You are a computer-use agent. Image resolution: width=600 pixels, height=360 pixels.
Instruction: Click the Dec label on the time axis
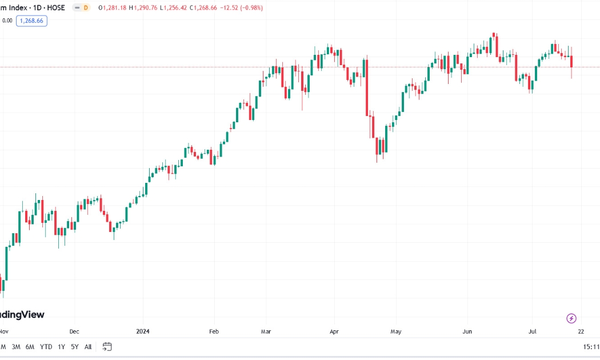[74, 331]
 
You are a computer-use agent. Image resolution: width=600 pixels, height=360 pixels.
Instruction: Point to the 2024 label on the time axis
[143, 331]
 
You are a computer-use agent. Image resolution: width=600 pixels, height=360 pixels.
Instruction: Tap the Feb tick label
[214, 331]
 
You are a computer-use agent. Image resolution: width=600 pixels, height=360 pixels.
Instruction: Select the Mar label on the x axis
[266, 331]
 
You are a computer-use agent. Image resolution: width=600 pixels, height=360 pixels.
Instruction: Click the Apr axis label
[334, 331]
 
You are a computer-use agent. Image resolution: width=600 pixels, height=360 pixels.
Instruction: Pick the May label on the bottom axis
[396, 331]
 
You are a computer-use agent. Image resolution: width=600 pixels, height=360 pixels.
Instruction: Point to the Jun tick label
[467, 331]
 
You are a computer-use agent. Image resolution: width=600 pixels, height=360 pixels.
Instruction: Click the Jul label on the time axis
[532, 331]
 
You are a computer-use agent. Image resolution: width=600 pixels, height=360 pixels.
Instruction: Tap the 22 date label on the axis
[581, 331]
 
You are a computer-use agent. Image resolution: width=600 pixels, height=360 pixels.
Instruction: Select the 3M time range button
[15, 347]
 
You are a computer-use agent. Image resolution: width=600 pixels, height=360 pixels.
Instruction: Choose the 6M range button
[30, 347]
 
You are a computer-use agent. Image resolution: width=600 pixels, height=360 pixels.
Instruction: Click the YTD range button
[46, 347]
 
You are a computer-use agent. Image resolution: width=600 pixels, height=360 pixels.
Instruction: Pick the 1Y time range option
[61, 347]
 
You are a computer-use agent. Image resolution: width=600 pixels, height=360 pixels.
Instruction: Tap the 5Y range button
[75, 347]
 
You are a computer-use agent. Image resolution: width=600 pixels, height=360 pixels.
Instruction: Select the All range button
[88, 347]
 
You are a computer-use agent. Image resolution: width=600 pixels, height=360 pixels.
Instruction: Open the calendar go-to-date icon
[107, 347]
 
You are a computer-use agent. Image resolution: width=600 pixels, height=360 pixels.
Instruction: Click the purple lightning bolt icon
[571, 318]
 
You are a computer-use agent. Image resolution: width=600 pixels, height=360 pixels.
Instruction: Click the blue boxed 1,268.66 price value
[31, 21]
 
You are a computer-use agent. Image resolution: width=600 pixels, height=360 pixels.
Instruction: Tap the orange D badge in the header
[86, 7]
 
